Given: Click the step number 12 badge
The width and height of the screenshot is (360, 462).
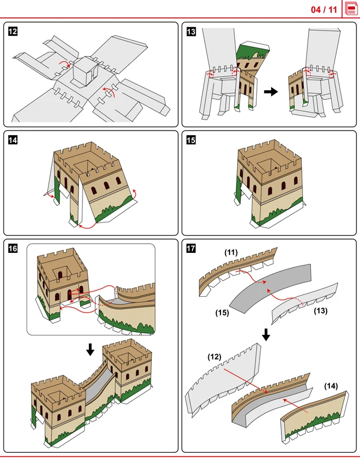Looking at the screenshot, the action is (13, 31).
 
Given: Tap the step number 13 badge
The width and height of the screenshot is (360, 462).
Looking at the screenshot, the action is (191, 31).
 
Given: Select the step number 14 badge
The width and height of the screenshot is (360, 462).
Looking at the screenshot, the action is (13, 140).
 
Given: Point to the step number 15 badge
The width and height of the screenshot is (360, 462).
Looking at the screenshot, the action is (191, 140).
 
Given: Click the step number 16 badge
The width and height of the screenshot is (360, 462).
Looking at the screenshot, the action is (13, 248).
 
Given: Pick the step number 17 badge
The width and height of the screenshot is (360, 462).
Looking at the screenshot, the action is (191, 248).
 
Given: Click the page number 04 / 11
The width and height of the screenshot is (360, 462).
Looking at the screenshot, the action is (324, 10).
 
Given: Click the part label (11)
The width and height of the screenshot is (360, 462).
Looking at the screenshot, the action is (231, 252).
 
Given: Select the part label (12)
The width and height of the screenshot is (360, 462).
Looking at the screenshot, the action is (214, 357).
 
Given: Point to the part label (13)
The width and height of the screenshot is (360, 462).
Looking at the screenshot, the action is (321, 311).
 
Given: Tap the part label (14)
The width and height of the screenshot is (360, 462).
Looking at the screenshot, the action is (331, 386).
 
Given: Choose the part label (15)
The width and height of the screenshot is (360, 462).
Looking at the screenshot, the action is (222, 312).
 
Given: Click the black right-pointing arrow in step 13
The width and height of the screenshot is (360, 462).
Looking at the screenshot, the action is (271, 92).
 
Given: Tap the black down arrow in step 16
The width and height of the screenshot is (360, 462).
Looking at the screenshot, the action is (91, 349).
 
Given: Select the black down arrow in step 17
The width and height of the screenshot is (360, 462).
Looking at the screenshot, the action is (266, 335).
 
